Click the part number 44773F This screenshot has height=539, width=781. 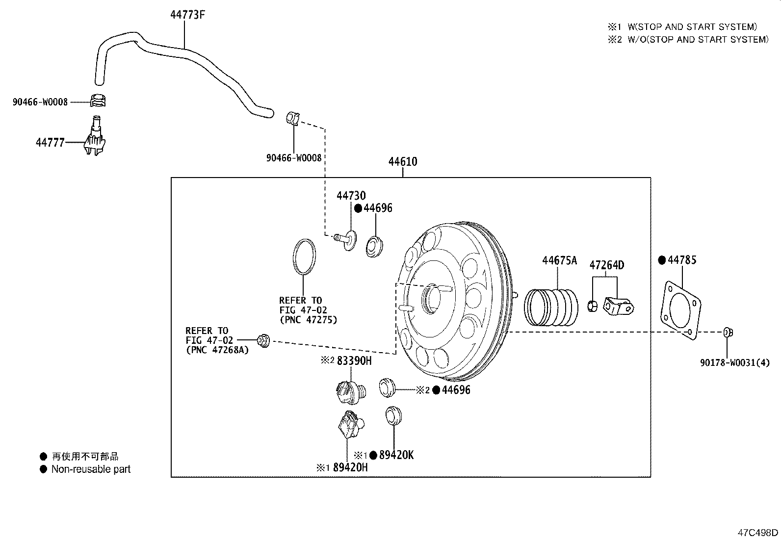187,15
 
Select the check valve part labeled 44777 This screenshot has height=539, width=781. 95,136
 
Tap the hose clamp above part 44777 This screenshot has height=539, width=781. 98,101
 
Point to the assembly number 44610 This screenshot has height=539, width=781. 403,162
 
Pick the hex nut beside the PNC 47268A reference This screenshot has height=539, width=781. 263,340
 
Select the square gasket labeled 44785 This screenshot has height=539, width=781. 680,310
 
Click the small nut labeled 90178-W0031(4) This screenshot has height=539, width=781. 728,332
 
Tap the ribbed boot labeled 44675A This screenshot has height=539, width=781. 551,308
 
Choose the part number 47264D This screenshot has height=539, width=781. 607,265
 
